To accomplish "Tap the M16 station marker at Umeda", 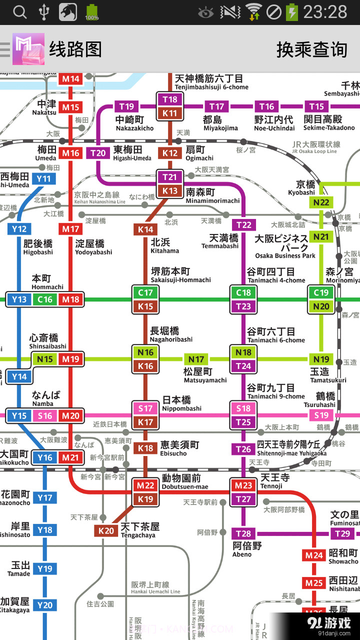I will click(70, 153).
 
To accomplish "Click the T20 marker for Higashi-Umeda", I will click(98, 153).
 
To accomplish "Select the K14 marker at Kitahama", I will click(145, 229).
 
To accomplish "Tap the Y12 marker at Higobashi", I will click(19, 229).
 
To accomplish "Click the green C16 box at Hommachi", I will click(45, 299).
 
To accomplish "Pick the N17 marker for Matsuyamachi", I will click(196, 359).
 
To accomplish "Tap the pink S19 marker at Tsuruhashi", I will click(321, 415).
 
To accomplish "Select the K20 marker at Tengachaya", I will click(106, 530).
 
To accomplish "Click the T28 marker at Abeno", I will click(243, 533).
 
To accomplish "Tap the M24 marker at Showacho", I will click(314, 555).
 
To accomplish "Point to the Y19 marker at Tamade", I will click(45, 568).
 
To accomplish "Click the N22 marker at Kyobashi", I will click(321, 202).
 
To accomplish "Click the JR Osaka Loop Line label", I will click(316, 147).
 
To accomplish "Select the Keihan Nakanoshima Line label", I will click(99, 198).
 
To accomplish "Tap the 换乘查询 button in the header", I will click(311, 49).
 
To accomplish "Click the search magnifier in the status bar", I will click(19, 12).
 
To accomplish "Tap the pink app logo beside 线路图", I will click(28, 49).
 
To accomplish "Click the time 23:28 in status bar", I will click(325, 12).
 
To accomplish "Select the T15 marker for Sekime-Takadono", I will click(316, 106).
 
